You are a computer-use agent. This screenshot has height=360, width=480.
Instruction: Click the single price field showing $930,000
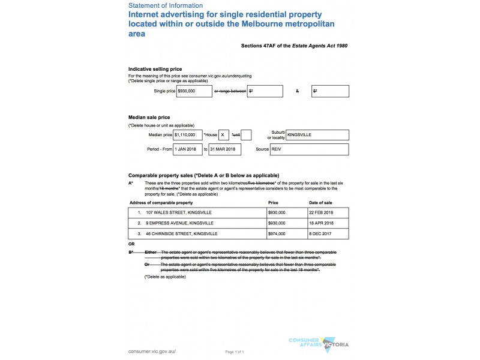194,91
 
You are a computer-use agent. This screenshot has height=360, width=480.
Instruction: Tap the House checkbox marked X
223,136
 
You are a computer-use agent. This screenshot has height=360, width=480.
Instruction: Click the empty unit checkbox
246,136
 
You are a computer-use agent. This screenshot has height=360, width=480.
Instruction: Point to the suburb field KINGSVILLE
317,136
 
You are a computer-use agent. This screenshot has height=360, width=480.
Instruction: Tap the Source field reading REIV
309,149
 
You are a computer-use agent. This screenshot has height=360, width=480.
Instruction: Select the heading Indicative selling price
155,69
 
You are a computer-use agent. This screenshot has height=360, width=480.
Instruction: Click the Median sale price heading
149,117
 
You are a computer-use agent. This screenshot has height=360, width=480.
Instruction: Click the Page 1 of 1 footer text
235,351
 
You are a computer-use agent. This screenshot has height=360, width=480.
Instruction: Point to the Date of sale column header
321,203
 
